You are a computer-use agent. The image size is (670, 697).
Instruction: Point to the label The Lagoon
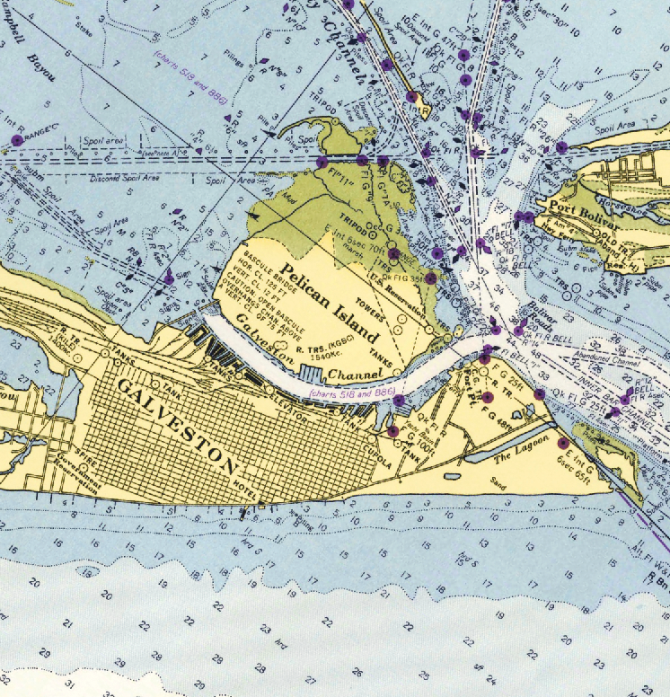click(x=518, y=458)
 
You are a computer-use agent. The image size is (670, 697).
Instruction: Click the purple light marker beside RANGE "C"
click(x=16, y=140)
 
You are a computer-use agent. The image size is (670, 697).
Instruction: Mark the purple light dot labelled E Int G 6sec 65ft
click(x=563, y=443)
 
